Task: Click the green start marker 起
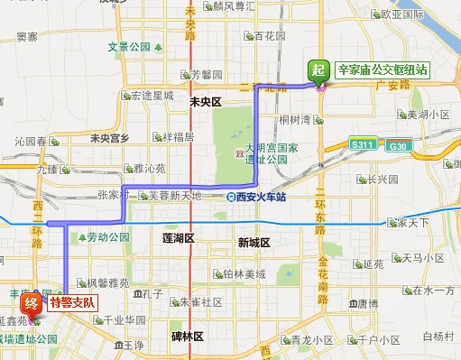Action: pos(318,69)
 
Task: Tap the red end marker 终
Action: pos(32,302)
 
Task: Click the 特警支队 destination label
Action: pos(72,302)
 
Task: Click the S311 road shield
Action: pos(363,143)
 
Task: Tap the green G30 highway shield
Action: pos(397,143)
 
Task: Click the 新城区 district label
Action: pos(254,243)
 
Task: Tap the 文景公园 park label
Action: pos(130,47)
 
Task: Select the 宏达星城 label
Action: pos(152,95)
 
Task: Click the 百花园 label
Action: pos(270,37)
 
